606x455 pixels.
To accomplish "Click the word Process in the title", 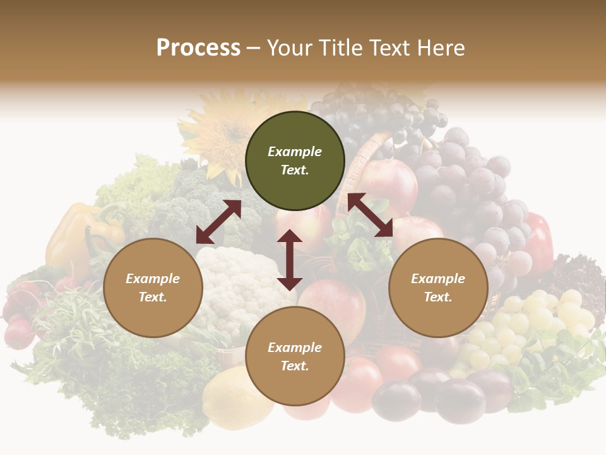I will pyautogui.click(x=198, y=48).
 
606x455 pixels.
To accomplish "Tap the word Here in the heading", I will pyautogui.click(x=438, y=48).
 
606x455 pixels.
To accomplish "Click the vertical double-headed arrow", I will pyautogui.click(x=290, y=260).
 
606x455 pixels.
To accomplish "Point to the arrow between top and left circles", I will pyautogui.click(x=218, y=222).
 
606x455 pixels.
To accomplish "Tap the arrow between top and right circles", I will pyautogui.click(x=370, y=215).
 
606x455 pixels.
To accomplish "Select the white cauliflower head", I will pyautogui.click(x=234, y=284).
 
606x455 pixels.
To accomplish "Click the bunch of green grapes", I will pyautogui.click(x=530, y=322).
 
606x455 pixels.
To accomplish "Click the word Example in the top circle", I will pyautogui.click(x=295, y=152).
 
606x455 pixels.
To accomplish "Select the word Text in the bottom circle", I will pyautogui.click(x=295, y=366).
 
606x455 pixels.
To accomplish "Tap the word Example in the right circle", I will pyautogui.click(x=438, y=279).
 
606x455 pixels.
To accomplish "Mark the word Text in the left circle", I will pyautogui.click(x=153, y=297).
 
